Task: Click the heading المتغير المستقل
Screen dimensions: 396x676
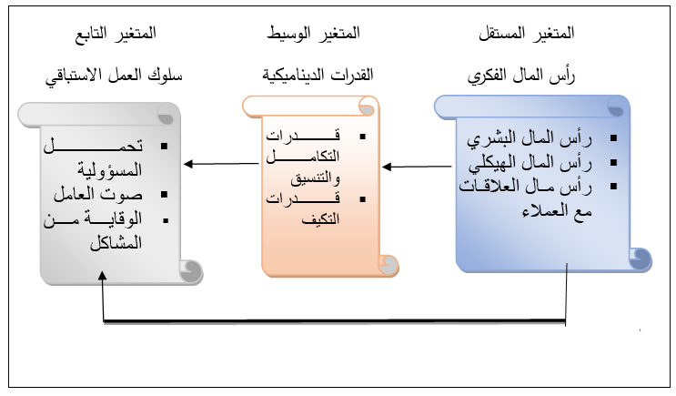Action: coord(528,34)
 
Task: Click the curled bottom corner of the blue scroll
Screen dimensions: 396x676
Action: coord(641,259)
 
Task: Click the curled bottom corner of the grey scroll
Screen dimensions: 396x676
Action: coord(191,270)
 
